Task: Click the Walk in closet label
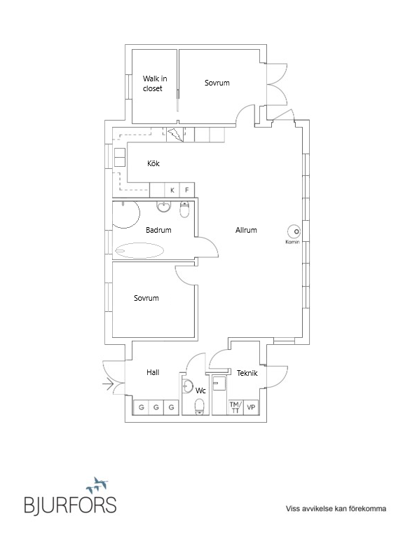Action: [155, 83]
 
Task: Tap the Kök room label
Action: [153, 163]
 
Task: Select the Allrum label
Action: [246, 230]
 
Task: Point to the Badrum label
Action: [158, 230]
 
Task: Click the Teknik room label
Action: [247, 374]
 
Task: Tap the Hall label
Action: [153, 373]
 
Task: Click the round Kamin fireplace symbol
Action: [294, 231]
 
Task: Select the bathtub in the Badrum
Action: [139, 251]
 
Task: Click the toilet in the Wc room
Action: [200, 407]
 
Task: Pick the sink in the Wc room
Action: [187, 386]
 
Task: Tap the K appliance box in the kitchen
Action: [172, 190]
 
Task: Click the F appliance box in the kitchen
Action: [187, 190]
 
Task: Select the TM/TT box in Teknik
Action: [235, 407]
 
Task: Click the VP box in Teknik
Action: [251, 407]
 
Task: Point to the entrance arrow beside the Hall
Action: [108, 385]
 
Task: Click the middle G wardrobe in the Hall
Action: [156, 407]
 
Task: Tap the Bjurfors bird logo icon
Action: [97, 485]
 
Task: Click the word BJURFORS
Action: [70, 505]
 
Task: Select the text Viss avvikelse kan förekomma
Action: [336, 509]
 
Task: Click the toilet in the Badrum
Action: [185, 209]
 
